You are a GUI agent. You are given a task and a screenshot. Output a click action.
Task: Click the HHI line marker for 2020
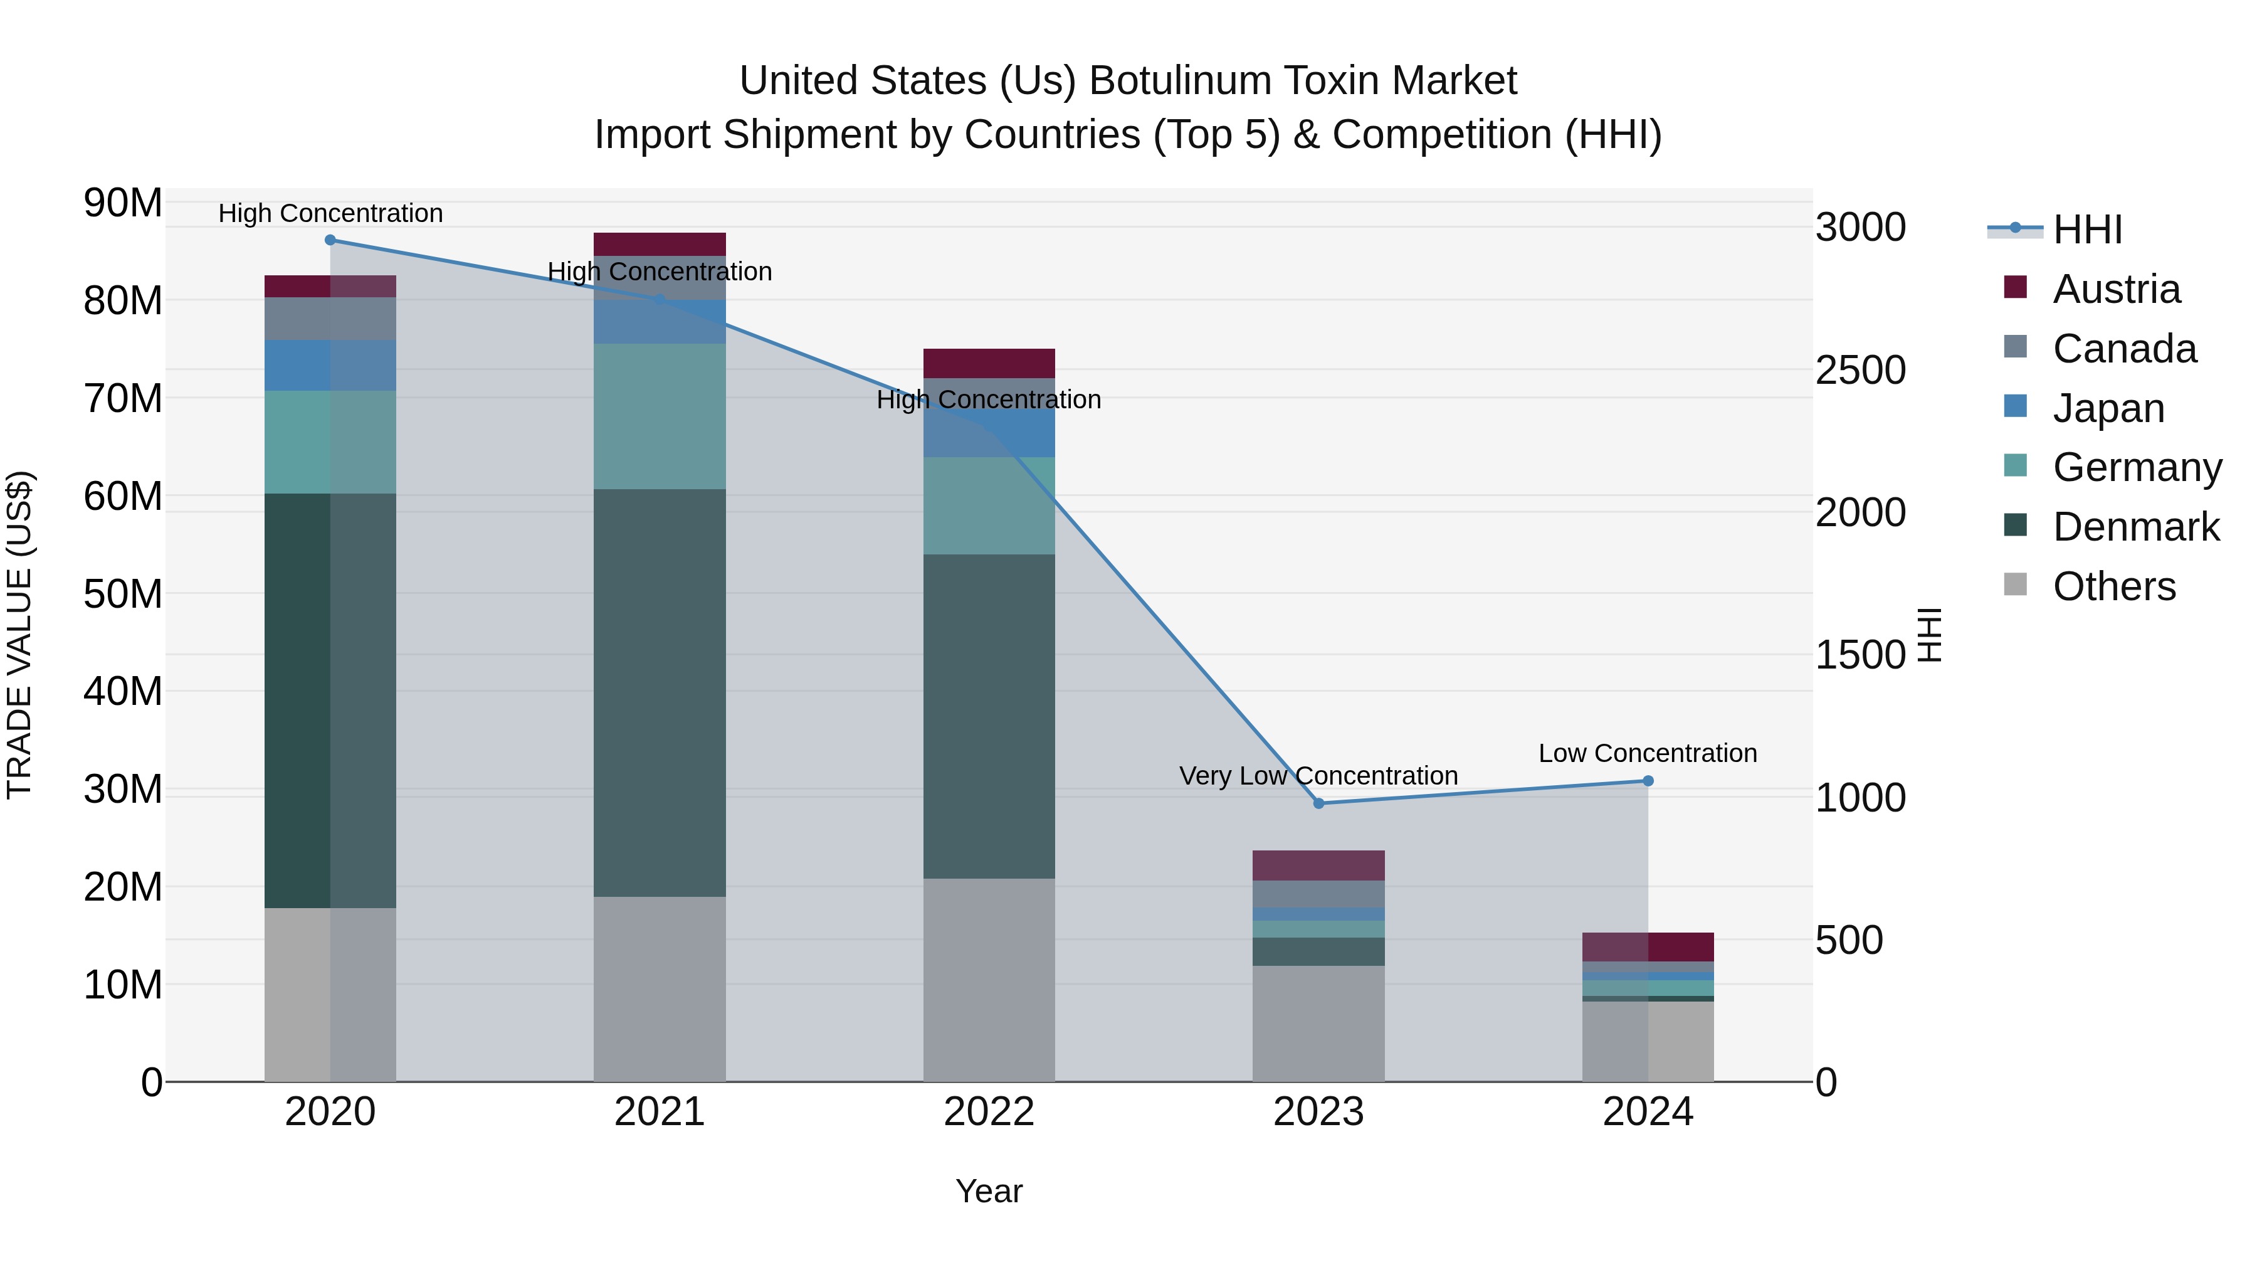point(330,240)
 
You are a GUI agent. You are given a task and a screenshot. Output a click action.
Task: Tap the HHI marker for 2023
point(1318,803)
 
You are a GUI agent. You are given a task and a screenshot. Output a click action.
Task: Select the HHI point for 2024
point(1648,781)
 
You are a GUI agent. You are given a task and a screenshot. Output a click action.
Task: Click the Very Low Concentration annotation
point(1318,776)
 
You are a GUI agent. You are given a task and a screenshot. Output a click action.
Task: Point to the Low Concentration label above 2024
point(1648,753)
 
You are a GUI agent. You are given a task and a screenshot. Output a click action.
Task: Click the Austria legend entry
point(2116,289)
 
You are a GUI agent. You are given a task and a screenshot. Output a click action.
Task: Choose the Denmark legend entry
point(2135,527)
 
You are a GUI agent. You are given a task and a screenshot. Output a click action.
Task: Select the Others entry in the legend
point(2113,586)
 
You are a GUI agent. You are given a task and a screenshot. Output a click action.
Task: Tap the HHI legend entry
point(2087,230)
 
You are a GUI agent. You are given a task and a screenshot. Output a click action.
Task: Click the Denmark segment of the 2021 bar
point(660,692)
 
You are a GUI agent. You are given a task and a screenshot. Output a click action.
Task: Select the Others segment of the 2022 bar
point(989,979)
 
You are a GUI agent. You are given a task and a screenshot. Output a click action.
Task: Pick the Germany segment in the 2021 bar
point(660,416)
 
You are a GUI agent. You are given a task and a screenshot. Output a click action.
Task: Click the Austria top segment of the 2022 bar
point(989,363)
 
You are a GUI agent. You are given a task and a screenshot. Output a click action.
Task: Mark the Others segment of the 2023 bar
point(1318,1023)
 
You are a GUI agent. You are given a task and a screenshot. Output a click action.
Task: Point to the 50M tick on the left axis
point(123,595)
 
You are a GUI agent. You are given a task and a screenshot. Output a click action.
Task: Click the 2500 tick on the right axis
point(1860,370)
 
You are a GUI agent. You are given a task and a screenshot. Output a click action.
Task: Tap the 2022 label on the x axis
point(989,1112)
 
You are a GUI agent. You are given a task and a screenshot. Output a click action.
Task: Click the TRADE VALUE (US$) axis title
point(19,635)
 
